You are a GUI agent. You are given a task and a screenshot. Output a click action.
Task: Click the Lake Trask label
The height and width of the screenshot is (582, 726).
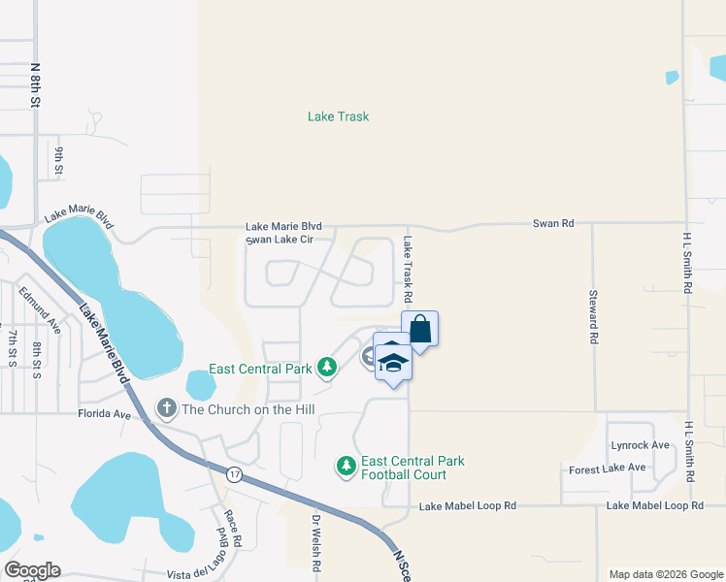tap(338, 116)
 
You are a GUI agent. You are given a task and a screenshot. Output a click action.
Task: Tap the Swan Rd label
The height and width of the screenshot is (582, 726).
tap(553, 223)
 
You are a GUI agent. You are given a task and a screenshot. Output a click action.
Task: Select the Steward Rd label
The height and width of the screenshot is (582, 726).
tap(592, 317)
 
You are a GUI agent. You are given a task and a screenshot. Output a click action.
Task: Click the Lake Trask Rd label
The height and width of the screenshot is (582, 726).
tap(409, 269)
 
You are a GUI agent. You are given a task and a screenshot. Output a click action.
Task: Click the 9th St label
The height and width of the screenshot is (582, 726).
tap(59, 161)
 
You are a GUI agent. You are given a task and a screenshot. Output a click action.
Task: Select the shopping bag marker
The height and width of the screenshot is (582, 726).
tap(419, 328)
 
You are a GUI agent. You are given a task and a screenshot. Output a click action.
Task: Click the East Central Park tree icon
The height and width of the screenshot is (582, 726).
tap(327, 368)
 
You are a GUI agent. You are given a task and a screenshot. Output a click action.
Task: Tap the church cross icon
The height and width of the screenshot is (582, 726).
tap(166, 407)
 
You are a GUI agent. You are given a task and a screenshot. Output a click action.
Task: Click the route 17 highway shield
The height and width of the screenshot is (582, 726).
tap(234, 474)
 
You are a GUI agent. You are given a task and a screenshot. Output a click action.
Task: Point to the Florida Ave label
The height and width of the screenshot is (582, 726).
tap(104, 414)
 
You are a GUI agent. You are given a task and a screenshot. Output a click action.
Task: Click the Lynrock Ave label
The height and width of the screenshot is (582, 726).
tap(641, 445)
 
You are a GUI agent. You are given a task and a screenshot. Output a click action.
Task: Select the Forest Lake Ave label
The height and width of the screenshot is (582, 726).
tap(608, 468)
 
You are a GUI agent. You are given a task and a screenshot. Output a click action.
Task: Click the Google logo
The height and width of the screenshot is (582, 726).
tap(32, 570)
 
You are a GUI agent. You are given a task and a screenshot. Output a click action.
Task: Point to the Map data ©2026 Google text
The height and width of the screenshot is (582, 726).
tap(665, 574)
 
